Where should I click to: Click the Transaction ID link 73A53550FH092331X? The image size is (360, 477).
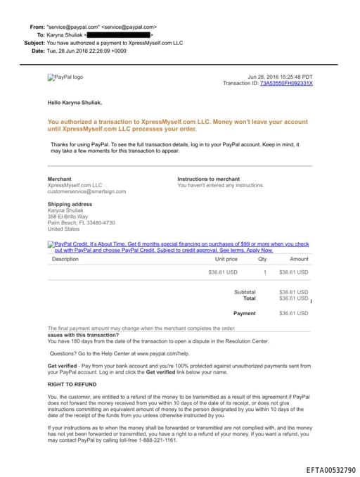(286, 83)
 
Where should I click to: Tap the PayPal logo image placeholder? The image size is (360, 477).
(65, 77)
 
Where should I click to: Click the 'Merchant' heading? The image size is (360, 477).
(59, 179)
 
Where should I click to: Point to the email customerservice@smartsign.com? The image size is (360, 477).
(86, 191)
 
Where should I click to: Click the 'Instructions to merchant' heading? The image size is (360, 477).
(208, 179)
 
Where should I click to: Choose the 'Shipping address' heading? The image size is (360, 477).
(70, 204)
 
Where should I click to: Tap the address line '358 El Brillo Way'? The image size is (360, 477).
(67, 217)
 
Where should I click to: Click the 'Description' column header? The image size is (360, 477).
(65, 259)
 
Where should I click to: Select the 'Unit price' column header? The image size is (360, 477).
(225, 259)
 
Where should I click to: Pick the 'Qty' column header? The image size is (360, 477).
(262, 259)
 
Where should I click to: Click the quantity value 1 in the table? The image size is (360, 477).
(264, 272)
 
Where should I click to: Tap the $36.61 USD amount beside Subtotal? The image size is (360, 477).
(293, 291)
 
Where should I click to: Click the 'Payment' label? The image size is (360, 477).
(245, 313)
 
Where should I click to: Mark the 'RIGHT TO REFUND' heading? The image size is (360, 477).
(72, 385)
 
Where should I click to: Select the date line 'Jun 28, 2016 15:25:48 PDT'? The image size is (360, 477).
(281, 77)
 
